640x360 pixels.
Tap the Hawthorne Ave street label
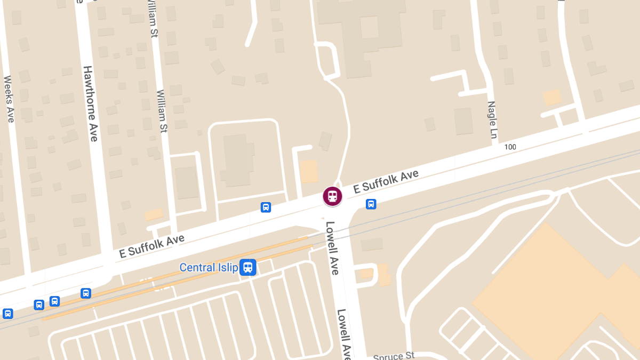[91, 103]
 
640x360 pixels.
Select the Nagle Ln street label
[492, 121]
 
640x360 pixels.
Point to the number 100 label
[510, 147]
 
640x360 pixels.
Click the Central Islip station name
[209, 267]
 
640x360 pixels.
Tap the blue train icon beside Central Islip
[247, 267]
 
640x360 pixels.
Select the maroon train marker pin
[332, 196]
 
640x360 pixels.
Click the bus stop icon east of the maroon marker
[371, 204]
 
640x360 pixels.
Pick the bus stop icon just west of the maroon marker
[266, 207]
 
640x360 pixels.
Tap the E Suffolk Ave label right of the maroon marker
[386, 181]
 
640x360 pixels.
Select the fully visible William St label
[162, 111]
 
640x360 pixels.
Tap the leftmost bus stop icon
[7, 313]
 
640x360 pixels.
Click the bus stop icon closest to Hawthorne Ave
[85, 293]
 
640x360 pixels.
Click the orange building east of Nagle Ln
[552, 98]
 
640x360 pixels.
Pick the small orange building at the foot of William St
[154, 214]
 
